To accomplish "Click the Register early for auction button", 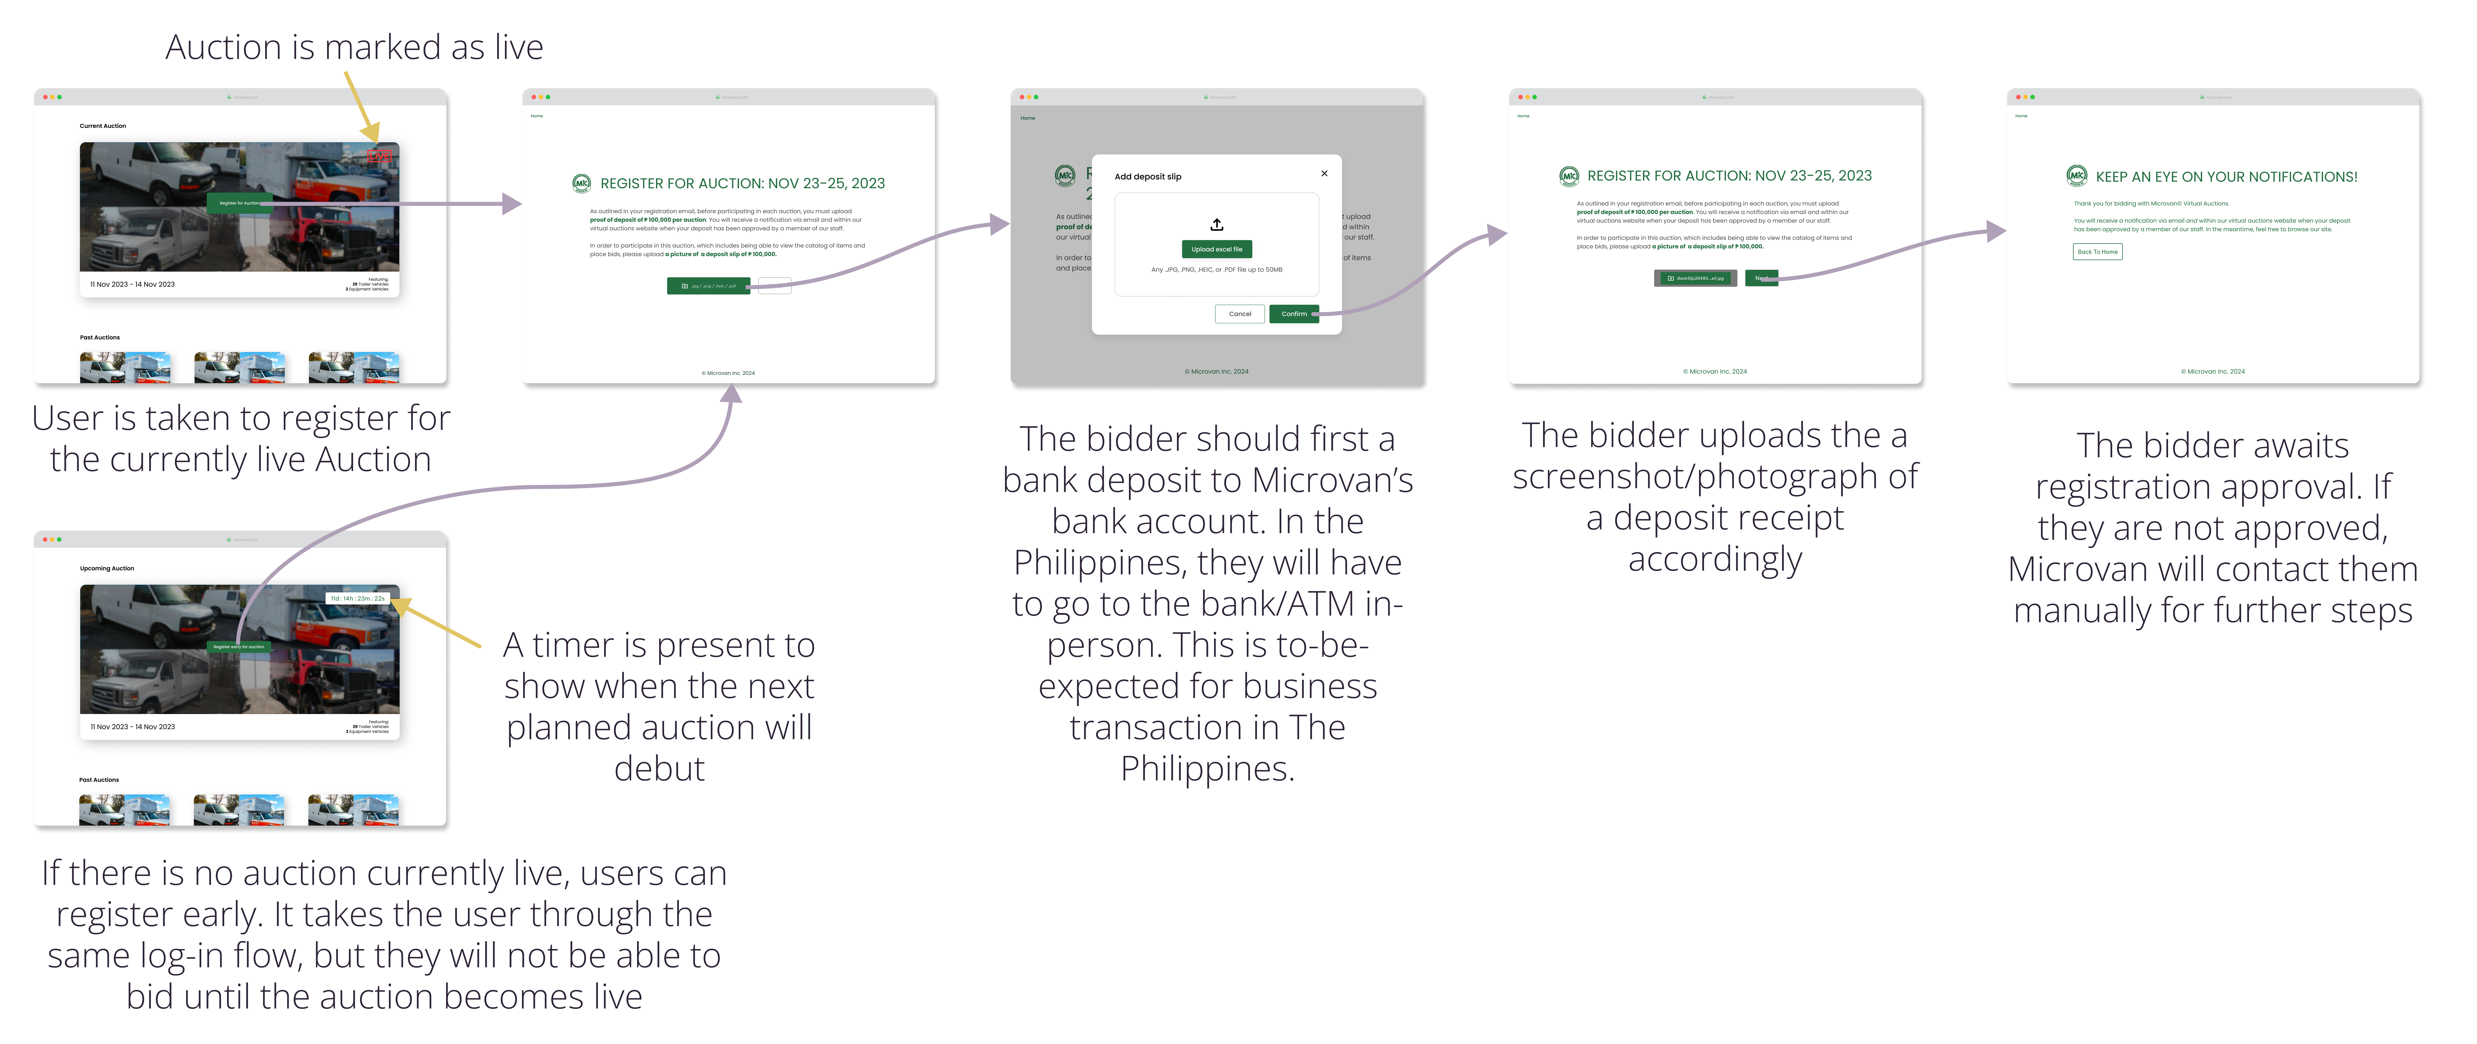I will click(x=239, y=647).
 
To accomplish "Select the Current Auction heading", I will click(x=103, y=126).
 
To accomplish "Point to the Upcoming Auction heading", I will click(x=107, y=568).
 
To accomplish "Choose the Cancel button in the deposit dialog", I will click(x=1240, y=313).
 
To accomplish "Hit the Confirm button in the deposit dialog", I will click(x=1293, y=313).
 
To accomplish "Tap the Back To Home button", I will click(x=2097, y=252).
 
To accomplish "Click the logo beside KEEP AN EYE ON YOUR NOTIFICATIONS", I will click(x=2077, y=176).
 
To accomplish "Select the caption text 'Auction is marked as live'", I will click(x=354, y=47).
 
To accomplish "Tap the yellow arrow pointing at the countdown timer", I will click(x=438, y=623).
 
